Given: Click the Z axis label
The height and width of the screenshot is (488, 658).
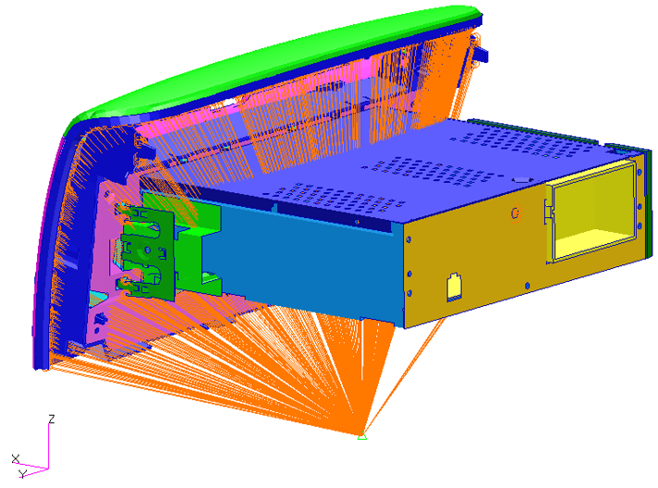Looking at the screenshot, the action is tap(52, 419).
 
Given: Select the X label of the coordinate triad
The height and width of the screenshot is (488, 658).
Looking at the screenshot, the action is tap(16, 458).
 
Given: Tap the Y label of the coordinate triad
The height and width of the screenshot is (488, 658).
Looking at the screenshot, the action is tap(23, 474).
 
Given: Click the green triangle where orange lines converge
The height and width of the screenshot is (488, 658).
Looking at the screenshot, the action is tap(362, 437).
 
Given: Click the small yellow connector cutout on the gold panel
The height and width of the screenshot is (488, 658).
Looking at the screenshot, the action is tap(453, 287).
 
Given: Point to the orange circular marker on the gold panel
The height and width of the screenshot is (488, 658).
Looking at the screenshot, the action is tap(516, 213).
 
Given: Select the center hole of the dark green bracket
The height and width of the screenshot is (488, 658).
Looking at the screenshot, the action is tap(147, 250).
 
